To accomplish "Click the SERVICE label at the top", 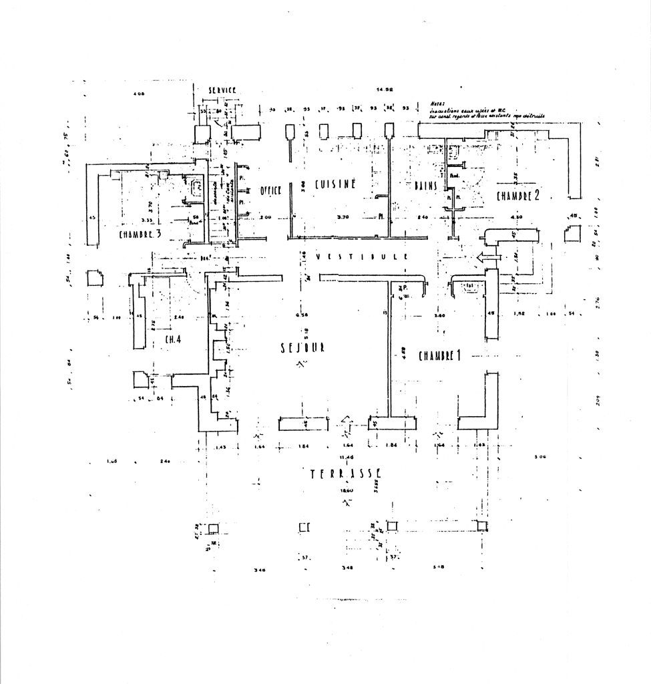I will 222,90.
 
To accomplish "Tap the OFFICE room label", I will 270,190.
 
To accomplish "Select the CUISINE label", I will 335,184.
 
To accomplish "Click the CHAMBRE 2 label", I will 517,196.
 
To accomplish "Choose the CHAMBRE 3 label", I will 140,234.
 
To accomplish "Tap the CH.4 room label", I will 174,339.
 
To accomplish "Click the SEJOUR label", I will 303,348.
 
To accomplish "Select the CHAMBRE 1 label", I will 440,355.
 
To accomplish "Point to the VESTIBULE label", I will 362,256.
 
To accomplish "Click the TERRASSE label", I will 345,474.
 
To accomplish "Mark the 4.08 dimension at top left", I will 139,94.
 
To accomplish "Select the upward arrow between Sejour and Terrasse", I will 346,423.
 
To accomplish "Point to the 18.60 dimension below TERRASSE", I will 346,490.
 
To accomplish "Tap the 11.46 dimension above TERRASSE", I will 346,457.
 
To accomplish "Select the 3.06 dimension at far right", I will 540,457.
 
